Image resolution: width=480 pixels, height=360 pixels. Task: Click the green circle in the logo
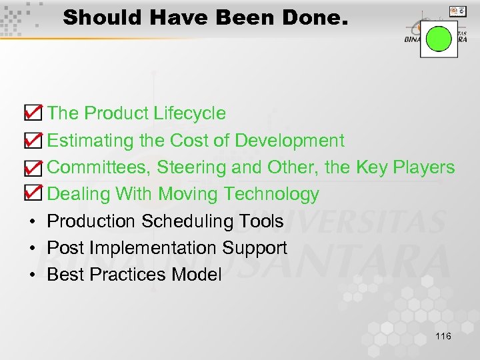[x=439, y=38]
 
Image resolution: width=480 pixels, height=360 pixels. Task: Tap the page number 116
[x=443, y=336]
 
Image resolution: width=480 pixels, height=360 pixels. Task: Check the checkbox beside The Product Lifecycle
[x=32, y=113]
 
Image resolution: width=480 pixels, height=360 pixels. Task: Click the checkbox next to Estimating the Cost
[x=32, y=140]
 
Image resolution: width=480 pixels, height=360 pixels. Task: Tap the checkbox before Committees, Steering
[x=32, y=167]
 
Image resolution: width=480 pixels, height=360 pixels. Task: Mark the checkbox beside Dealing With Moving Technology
[x=32, y=194]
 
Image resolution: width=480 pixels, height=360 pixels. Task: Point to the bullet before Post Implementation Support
[x=31, y=249]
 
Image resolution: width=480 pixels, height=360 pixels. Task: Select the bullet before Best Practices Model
[x=31, y=275]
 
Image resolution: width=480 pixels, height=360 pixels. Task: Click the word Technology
[x=271, y=195]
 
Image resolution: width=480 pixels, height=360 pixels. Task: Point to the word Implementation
[x=153, y=248]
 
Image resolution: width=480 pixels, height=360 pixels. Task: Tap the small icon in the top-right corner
[x=458, y=11]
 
